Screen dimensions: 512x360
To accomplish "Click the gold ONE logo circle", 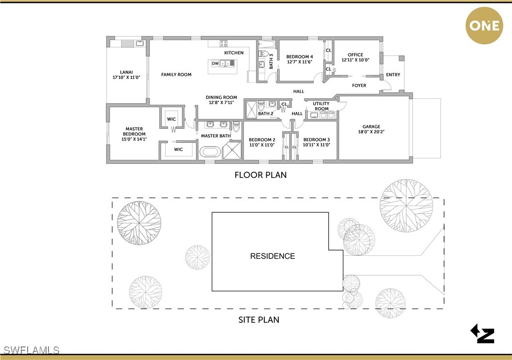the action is tap(484, 26).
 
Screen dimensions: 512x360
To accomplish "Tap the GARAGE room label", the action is tap(371, 126).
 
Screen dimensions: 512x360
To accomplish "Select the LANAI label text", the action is tap(127, 72).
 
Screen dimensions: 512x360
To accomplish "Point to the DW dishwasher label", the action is tap(215, 63).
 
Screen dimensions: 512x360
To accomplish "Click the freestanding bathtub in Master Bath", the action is tap(210, 152).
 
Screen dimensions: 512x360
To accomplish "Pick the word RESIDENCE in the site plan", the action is tap(272, 256).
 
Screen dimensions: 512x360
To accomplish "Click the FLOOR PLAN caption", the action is tap(260, 175).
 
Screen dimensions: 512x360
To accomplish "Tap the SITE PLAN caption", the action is tap(259, 320).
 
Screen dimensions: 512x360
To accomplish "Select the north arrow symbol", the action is tap(483, 334).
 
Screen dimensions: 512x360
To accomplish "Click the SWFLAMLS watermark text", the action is tap(30, 350).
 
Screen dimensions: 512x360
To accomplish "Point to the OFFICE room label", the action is tap(355, 55).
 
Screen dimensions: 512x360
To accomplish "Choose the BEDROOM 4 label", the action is tap(300, 57).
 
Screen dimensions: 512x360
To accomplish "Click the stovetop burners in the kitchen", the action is tap(224, 44).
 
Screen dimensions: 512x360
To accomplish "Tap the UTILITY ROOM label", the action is tap(321, 106).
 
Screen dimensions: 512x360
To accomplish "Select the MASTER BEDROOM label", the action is tap(134, 131).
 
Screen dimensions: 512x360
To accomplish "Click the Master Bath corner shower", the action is tap(232, 150).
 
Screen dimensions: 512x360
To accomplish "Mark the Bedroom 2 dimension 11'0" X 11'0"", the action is tap(262, 145).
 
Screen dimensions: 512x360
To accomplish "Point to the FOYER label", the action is tap(359, 85).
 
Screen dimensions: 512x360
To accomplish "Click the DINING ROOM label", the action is tap(222, 97).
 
